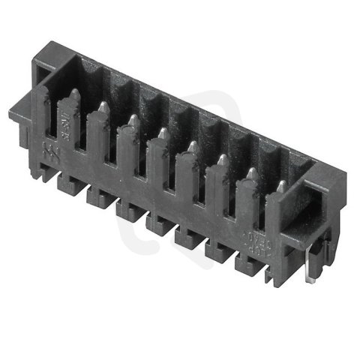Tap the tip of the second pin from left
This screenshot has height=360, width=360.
[103, 108]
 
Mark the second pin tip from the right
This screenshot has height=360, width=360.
[251, 172]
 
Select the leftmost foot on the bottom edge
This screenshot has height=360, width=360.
[67, 181]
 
